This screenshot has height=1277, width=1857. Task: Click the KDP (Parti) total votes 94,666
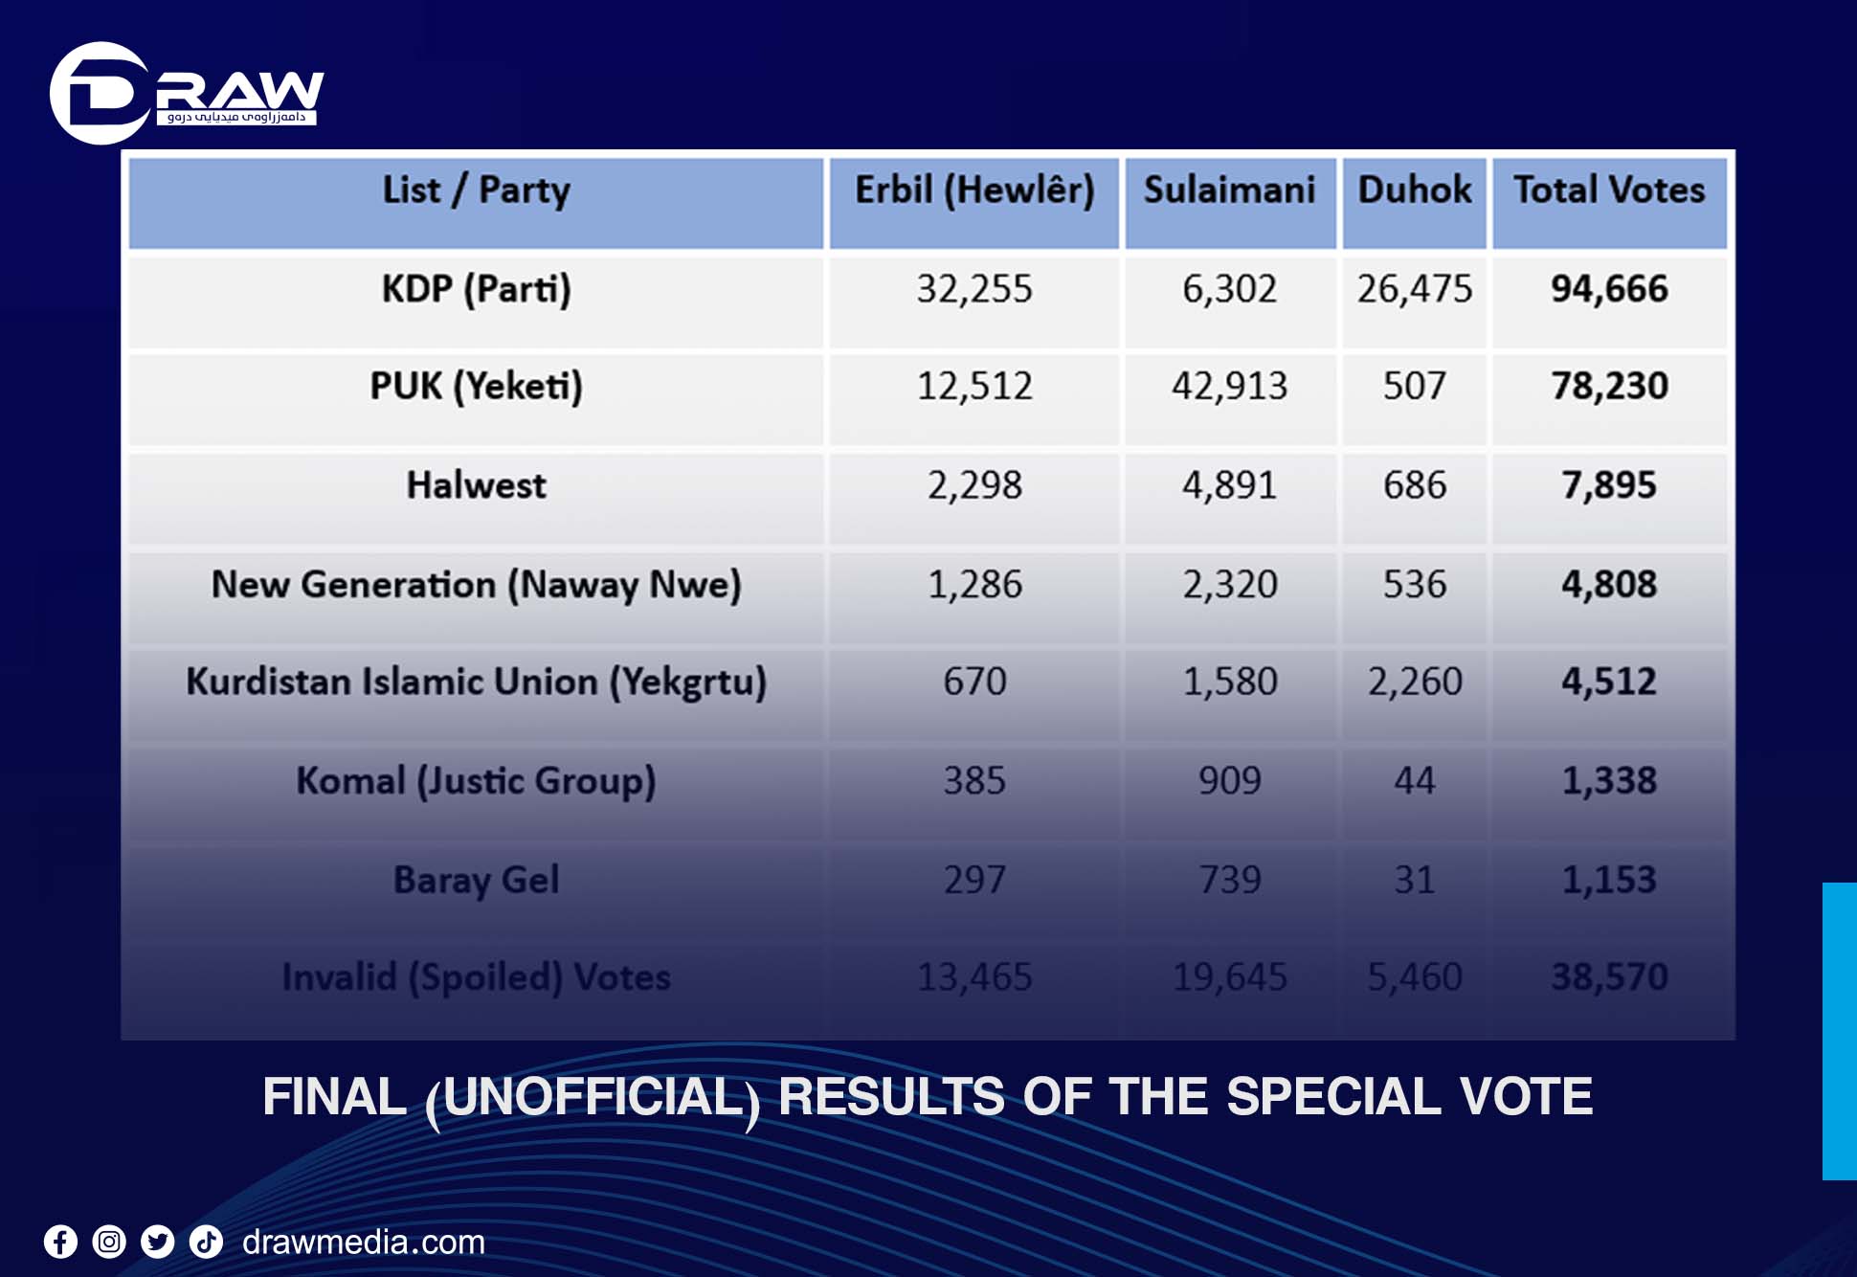pyautogui.click(x=1609, y=289)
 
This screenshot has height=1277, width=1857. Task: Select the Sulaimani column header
pyautogui.click(x=1229, y=190)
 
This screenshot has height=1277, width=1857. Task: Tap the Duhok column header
pyautogui.click(x=1414, y=190)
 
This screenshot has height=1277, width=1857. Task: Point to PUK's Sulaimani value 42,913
pyautogui.click(x=1229, y=387)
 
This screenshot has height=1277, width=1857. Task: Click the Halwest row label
pyautogui.click(x=476, y=485)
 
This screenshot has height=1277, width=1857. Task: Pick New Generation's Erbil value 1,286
pyautogui.click(x=974, y=585)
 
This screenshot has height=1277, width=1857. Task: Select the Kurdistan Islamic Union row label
pyautogui.click(x=476, y=683)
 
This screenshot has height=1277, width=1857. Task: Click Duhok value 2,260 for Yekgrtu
pyautogui.click(x=1414, y=683)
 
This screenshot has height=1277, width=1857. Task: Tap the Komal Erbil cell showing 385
pyautogui.click(x=974, y=781)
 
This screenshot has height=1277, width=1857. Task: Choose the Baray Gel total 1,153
pyautogui.click(x=1609, y=880)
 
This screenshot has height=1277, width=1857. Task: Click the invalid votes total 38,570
pyautogui.click(x=1609, y=977)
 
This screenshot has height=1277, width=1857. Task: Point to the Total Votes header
pyautogui.click(x=1609, y=190)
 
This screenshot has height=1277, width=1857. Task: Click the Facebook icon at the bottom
pyautogui.click(x=60, y=1243)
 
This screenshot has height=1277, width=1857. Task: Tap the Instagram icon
pyautogui.click(x=109, y=1243)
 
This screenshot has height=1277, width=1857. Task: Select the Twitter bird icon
pyautogui.click(x=158, y=1243)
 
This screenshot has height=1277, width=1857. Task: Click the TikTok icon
pyautogui.click(x=206, y=1243)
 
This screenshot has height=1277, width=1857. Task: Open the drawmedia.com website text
pyautogui.click(x=364, y=1243)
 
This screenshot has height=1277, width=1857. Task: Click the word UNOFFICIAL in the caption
pyautogui.click(x=593, y=1097)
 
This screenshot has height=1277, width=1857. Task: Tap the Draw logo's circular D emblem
pyautogui.click(x=99, y=94)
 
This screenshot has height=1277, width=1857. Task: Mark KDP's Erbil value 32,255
pyautogui.click(x=974, y=289)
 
